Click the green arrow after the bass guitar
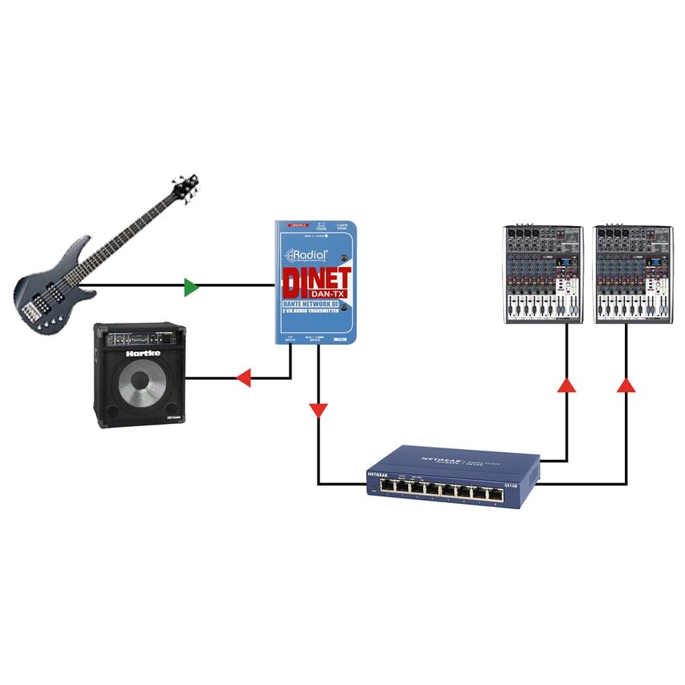(x=191, y=288)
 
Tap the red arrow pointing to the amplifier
(x=243, y=378)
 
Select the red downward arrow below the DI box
(x=318, y=410)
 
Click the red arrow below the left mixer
(x=566, y=385)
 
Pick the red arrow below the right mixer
(x=626, y=385)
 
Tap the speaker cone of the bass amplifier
(x=139, y=385)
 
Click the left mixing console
(x=543, y=274)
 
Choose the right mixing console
(x=635, y=274)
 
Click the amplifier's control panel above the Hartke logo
(x=139, y=337)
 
